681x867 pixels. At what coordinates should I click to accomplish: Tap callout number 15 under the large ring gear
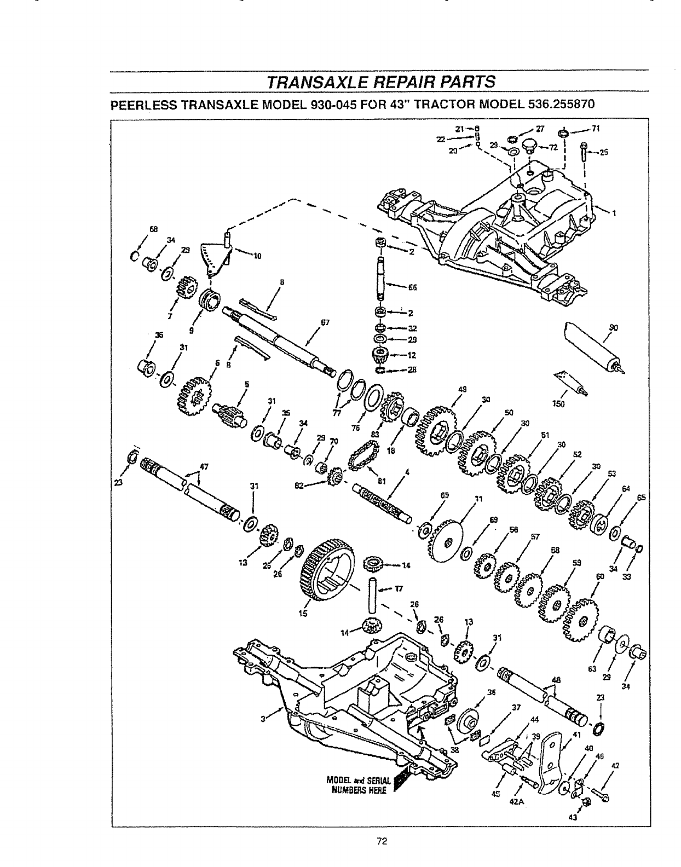[302, 613]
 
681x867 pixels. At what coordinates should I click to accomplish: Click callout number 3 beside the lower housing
[263, 719]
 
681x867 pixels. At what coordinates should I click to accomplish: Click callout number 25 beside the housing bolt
[604, 153]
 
